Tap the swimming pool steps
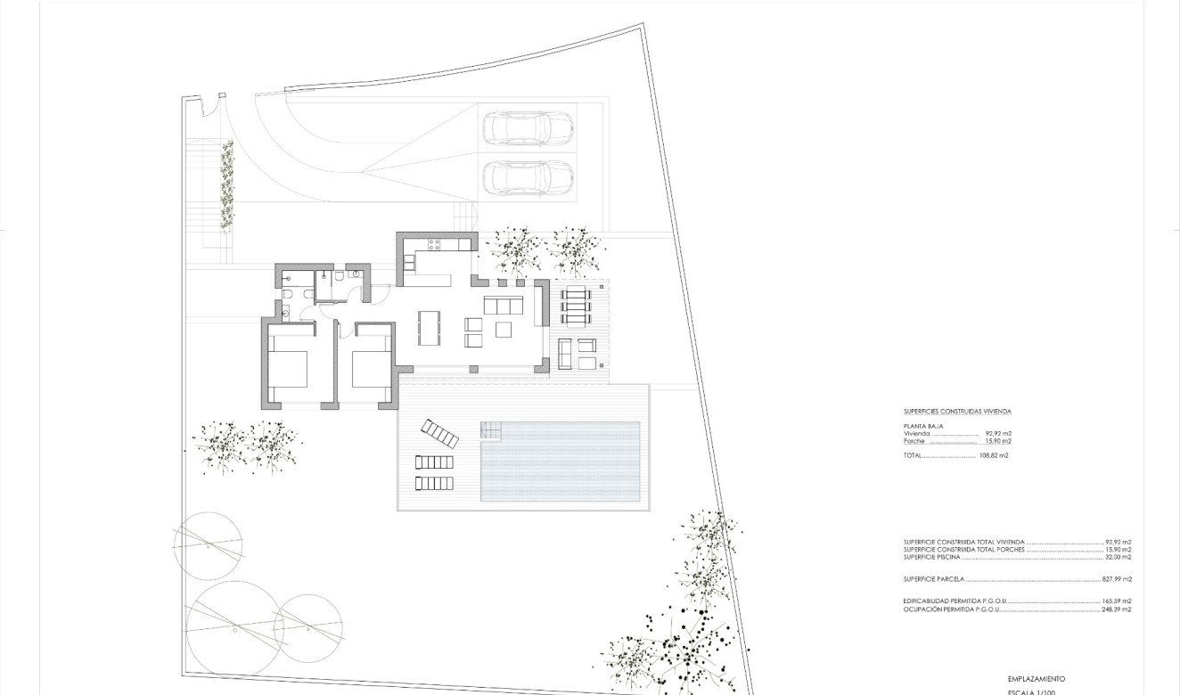[492, 429]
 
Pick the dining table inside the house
[430, 327]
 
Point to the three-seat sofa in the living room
[504, 305]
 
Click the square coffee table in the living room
[504, 330]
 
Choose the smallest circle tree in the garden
[309, 623]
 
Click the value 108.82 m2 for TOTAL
[994, 455]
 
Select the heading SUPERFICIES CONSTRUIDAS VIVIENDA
[957, 412]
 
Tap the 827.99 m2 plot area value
[1118, 579]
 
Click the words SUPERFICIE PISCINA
[933, 557]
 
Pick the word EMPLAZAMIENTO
[1037, 679]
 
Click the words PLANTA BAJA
[923, 427]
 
